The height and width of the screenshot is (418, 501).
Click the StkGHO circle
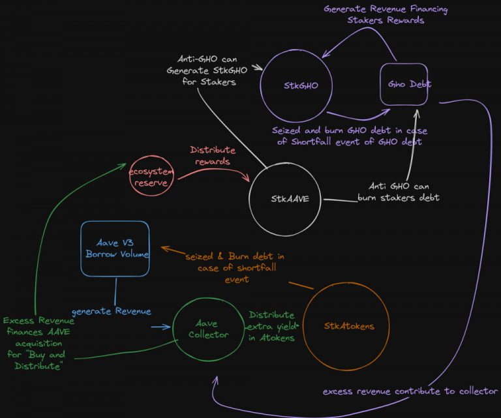tap(296, 85)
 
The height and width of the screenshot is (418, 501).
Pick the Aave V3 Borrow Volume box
tap(115, 248)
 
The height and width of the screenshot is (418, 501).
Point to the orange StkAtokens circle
tap(348, 326)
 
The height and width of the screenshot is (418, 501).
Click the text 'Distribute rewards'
tap(213, 156)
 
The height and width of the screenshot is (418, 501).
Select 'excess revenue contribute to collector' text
tap(410, 391)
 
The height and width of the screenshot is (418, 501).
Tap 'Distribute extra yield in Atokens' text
tap(272, 325)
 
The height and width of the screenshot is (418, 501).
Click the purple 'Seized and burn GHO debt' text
tap(350, 136)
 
